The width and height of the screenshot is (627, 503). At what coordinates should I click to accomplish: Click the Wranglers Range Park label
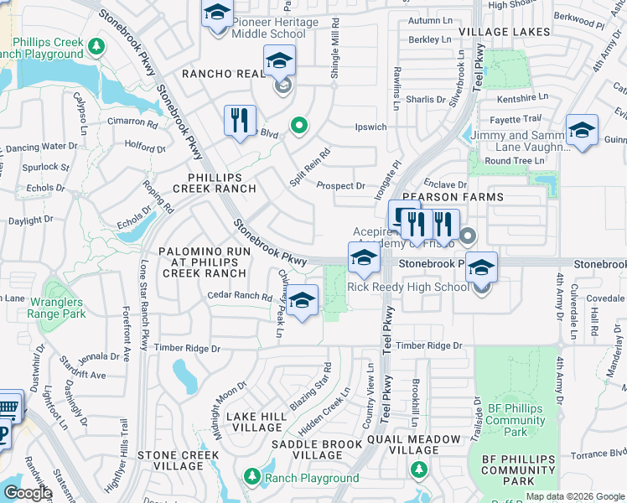pyautogui.click(x=56, y=308)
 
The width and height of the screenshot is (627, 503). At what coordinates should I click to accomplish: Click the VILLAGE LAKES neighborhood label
pyautogui.click(x=505, y=32)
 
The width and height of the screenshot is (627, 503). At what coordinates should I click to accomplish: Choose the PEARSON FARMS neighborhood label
pyautogui.click(x=463, y=197)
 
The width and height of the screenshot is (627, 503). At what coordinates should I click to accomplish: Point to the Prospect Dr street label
pyautogui.click(x=340, y=186)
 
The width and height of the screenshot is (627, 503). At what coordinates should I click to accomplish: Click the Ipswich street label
pyautogui.click(x=370, y=127)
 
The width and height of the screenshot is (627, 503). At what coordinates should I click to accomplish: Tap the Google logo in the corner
pyautogui.click(x=28, y=493)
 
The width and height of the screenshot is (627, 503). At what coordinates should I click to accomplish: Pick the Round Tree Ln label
pyautogui.click(x=514, y=160)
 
